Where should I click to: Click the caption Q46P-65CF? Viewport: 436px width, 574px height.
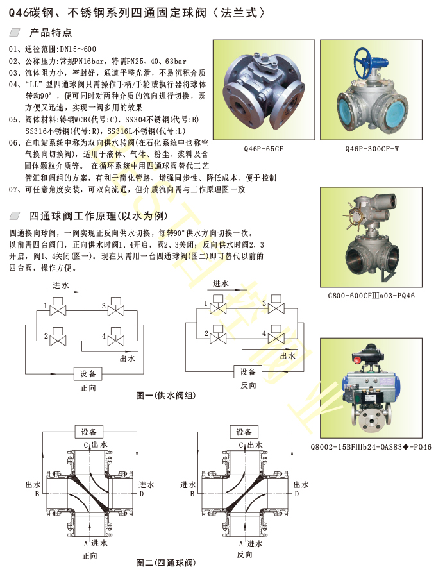coord(263,149)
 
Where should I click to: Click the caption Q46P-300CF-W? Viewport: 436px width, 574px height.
coord(372,149)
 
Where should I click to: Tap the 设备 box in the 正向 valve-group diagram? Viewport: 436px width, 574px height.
coord(88,373)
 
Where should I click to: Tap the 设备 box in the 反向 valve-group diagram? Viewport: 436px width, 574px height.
coord(247,372)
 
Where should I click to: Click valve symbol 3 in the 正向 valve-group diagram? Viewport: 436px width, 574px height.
coord(117,307)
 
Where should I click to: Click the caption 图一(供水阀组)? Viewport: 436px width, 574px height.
coord(165,396)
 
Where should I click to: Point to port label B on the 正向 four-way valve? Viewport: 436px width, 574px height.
coord(37,494)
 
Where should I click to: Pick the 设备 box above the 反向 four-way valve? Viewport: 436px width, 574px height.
coord(244,432)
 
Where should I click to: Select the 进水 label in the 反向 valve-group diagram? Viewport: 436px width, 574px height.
coord(222,283)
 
